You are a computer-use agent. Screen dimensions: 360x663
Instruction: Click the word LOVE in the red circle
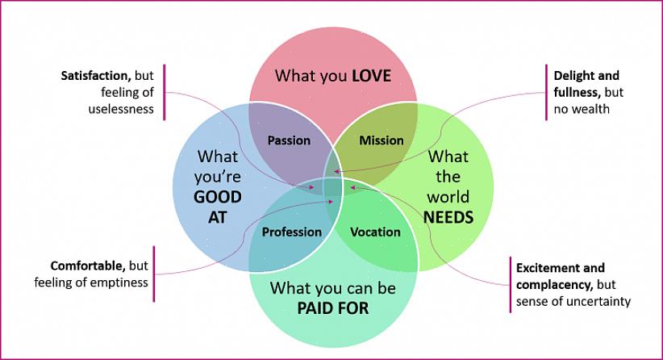tap(371, 77)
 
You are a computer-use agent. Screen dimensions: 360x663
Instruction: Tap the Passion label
tap(289, 140)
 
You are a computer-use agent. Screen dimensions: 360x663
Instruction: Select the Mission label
tap(382, 140)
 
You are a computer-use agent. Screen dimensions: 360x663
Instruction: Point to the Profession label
tap(292, 232)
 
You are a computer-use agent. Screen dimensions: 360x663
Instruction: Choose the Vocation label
tap(376, 232)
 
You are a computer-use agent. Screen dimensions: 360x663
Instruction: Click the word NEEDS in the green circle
tap(448, 217)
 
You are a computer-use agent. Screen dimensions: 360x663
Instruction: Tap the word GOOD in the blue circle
tap(218, 197)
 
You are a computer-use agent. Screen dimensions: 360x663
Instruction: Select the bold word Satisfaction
tap(94, 76)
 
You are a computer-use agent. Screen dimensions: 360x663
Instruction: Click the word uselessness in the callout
tap(121, 109)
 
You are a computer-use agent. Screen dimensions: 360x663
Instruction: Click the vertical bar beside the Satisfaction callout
tap(164, 91)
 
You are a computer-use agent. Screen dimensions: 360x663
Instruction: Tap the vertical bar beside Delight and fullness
tap(546, 91)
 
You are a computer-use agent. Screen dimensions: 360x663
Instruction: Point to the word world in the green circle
tap(448, 197)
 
